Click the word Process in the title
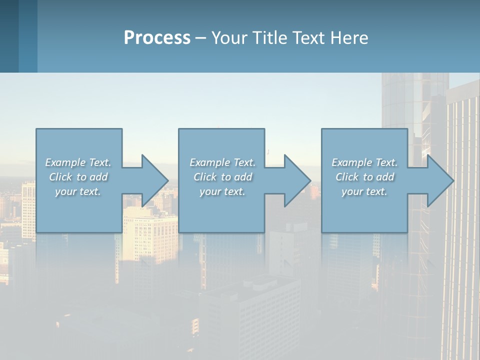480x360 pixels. click(157, 38)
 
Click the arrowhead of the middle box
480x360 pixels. click(296, 180)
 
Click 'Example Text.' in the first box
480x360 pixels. click(78, 162)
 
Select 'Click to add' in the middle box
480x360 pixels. click(222, 177)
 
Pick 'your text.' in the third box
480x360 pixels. click(364, 191)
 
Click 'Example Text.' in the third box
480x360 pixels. click(364, 162)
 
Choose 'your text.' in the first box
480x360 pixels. click(78, 191)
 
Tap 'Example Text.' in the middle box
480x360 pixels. click(222, 162)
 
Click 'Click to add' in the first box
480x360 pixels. click(78, 177)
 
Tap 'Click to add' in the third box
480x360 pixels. click(364, 177)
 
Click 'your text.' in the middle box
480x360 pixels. click(222, 191)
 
